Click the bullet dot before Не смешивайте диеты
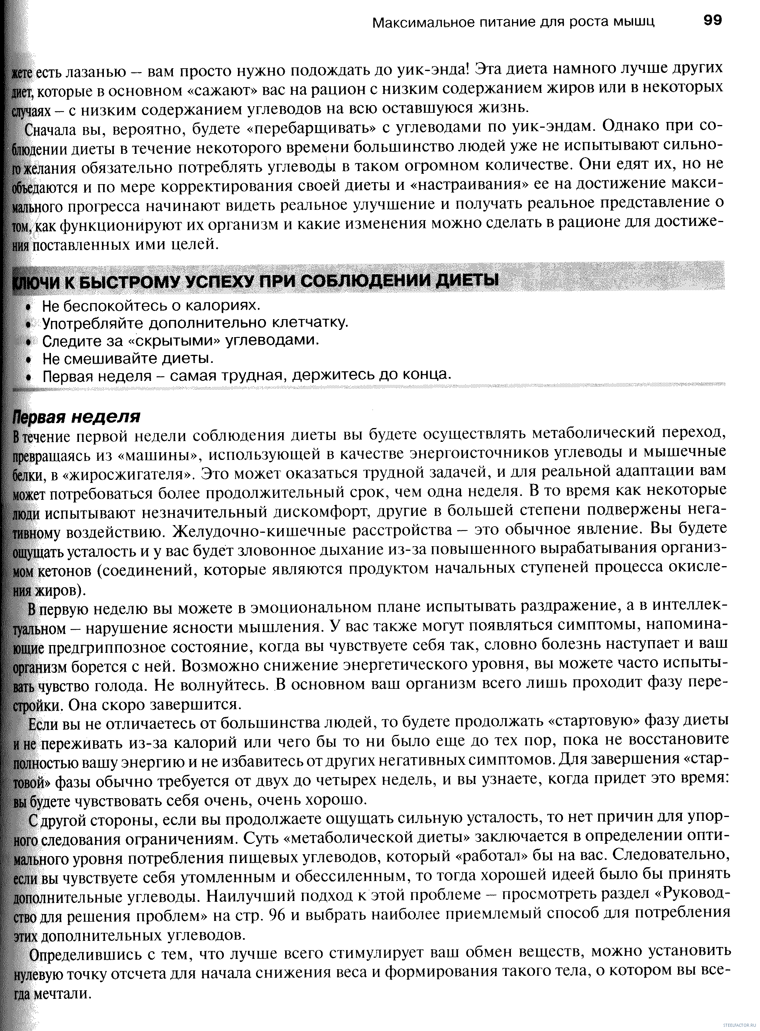point(28,359)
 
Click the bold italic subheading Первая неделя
point(76,417)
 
